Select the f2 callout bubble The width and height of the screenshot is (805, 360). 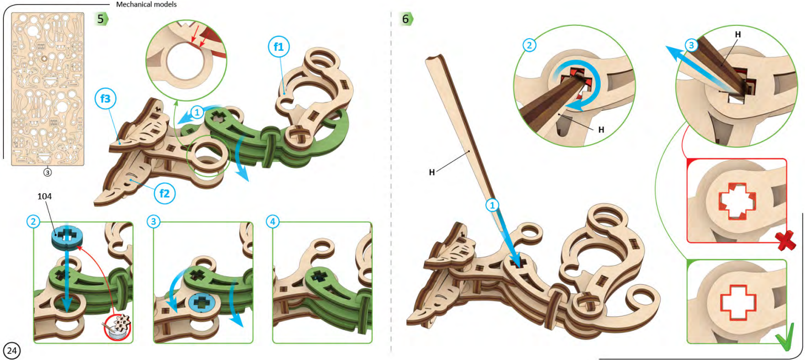pos(164,193)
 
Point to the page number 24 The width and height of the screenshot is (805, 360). pos(12,350)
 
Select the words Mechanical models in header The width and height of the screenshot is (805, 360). pos(146,4)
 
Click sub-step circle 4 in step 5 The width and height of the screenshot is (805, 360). pos(272,221)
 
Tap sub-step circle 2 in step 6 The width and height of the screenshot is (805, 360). pos(529,45)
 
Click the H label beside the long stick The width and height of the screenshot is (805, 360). pos(432,172)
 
